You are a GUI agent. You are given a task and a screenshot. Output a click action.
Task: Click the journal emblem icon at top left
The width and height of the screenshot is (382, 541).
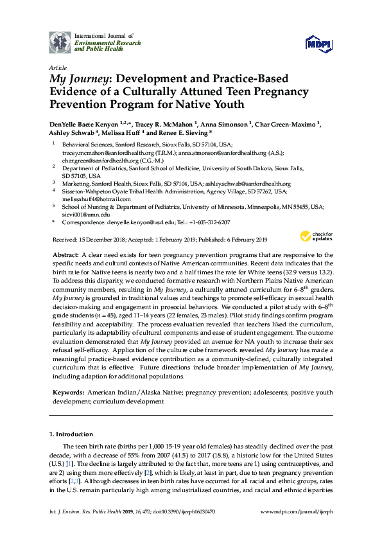tap(60, 43)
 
